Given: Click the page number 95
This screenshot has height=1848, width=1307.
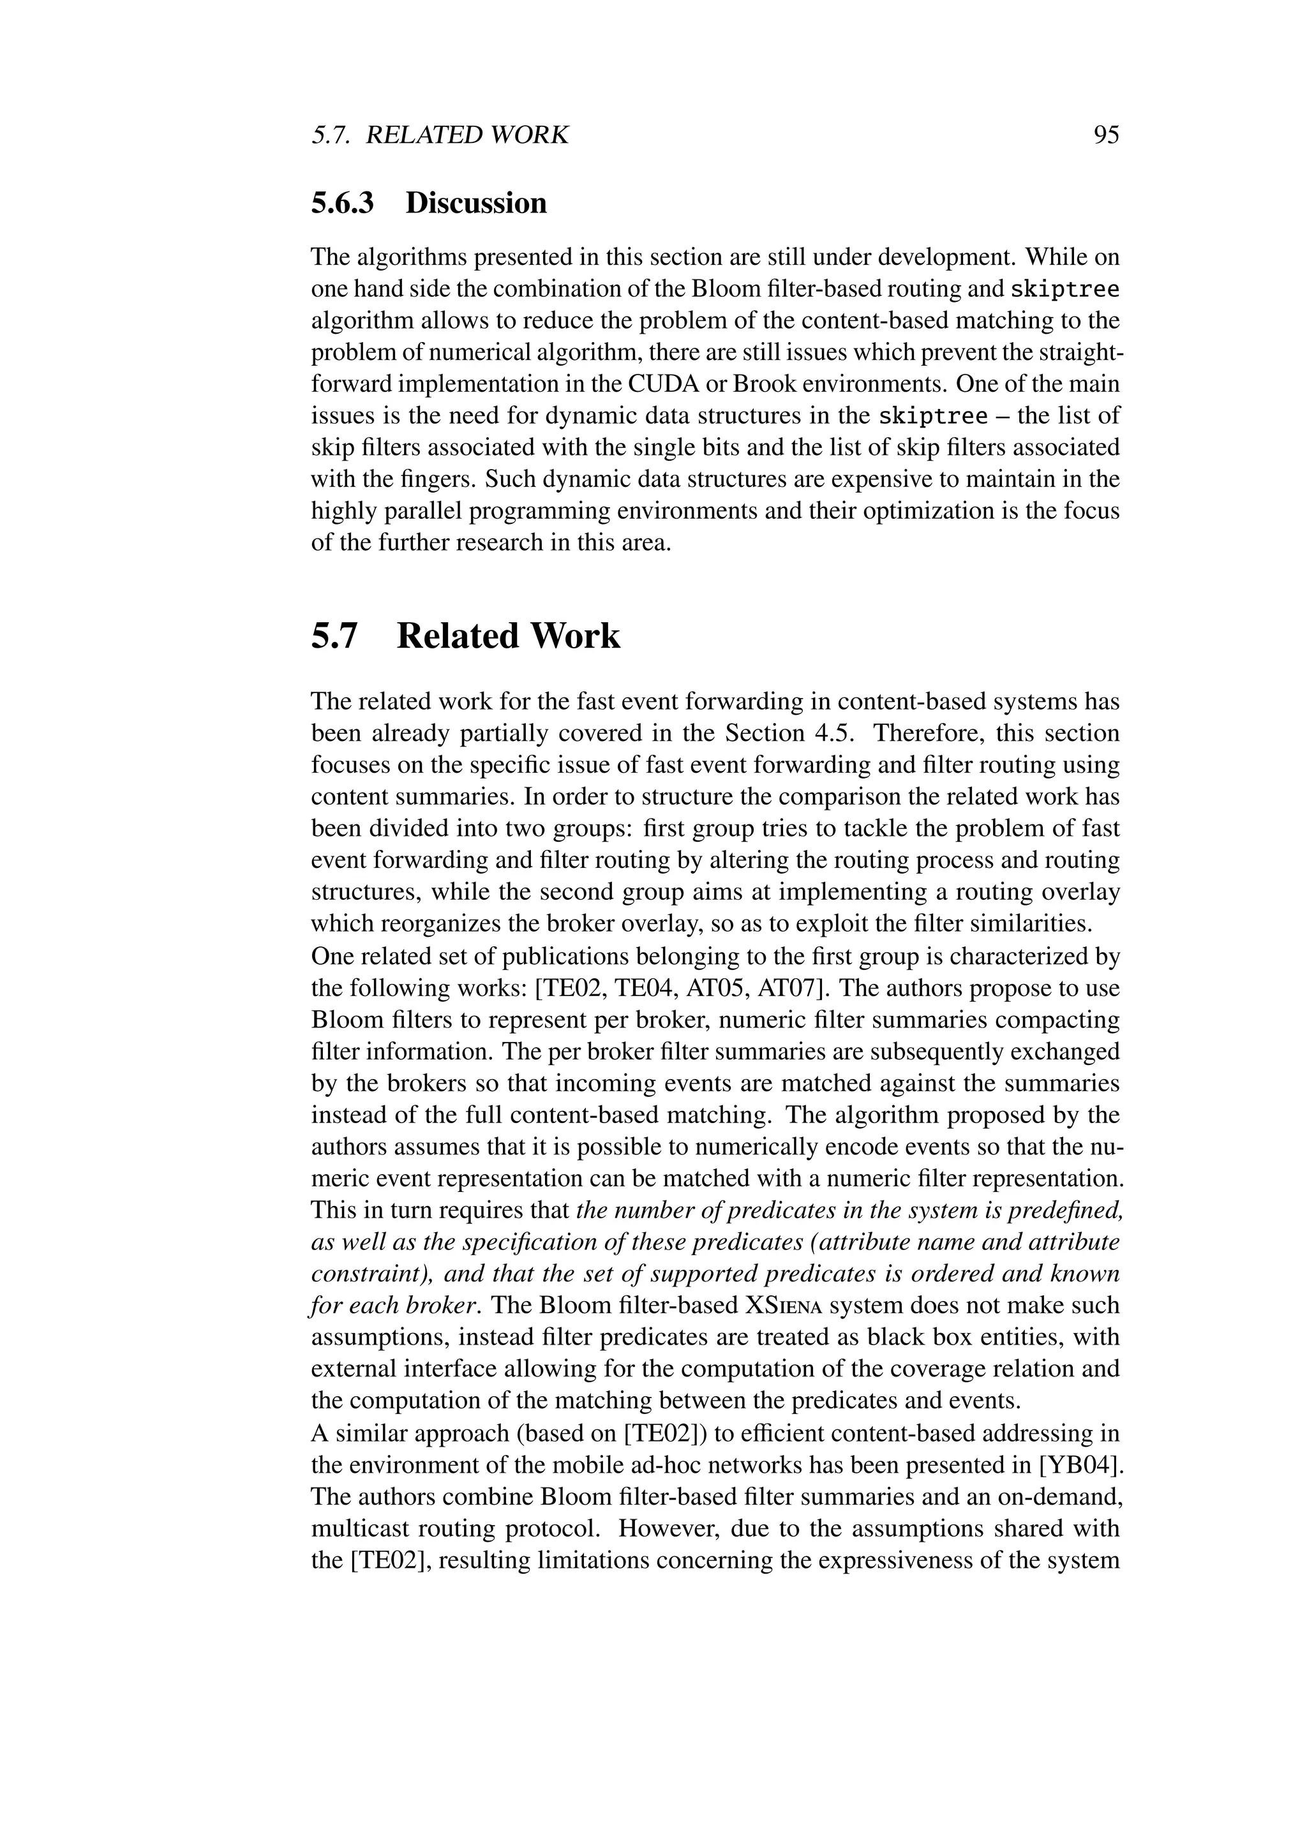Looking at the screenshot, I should click(1107, 135).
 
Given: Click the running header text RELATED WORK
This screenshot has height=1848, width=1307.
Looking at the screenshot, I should click(467, 135).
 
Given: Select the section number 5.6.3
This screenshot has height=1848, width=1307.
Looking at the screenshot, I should click(343, 203).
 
